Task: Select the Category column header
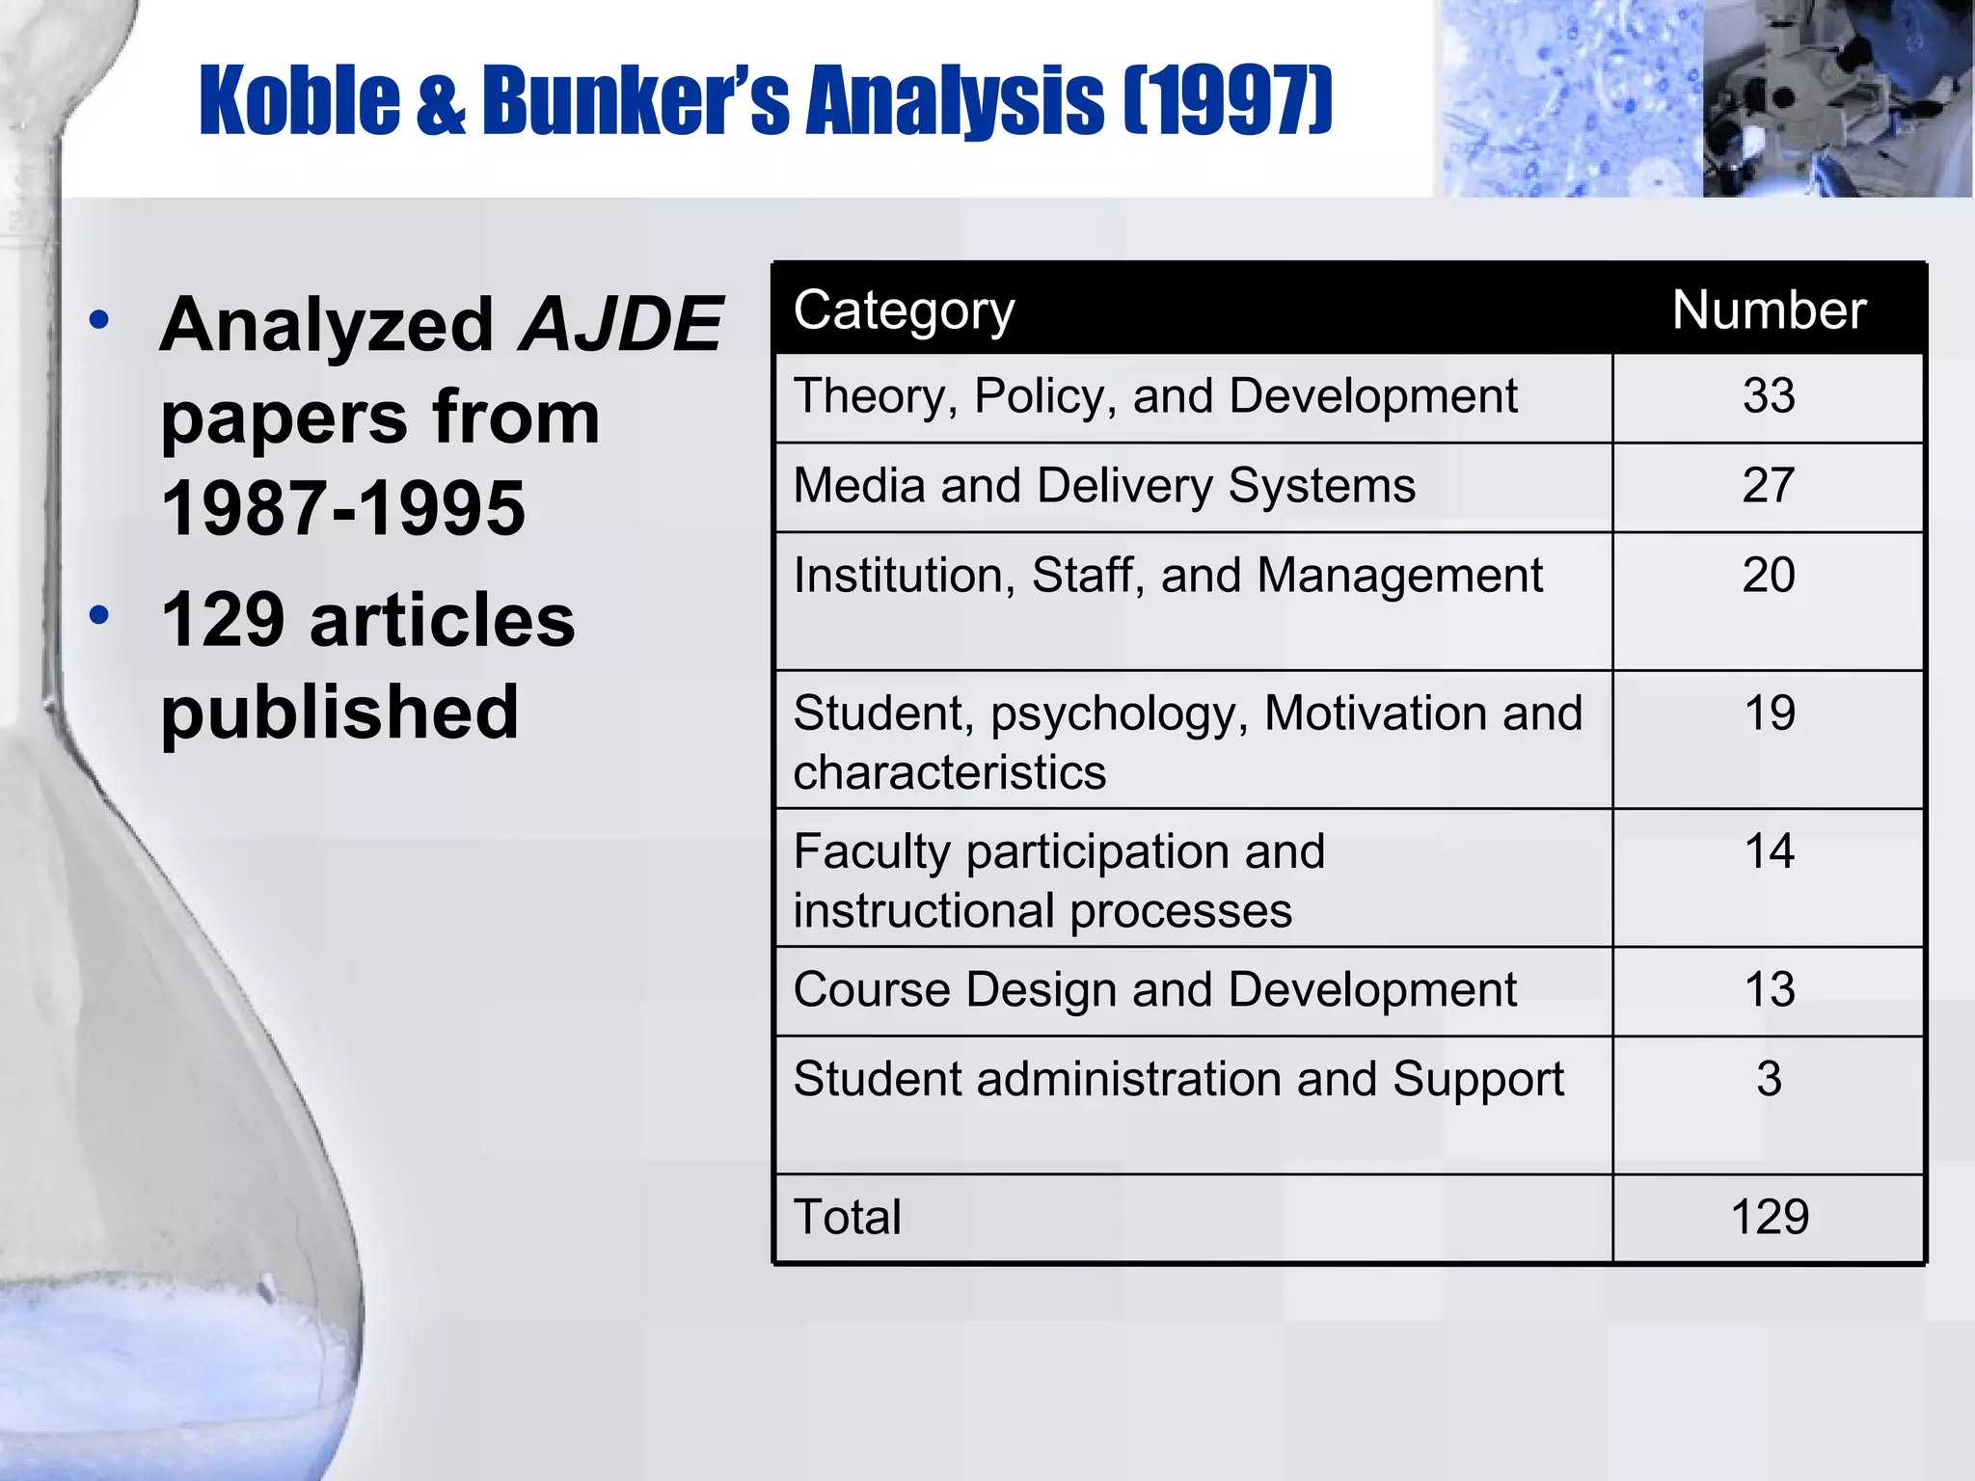pyautogui.click(x=904, y=310)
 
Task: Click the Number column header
pyautogui.click(x=1769, y=310)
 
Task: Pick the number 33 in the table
pyautogui.click(x=1769, y=396)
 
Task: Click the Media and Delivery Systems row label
pyautogui.click(x=1104, y=485)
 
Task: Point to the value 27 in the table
pyautogui.click(x=1769, y=485)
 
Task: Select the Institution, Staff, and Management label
pyautogui.click(x=1168, y=576)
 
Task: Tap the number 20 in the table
pyautogui.click(x=1769, y=576)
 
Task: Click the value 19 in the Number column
pyautogui.click(x=1769, y=714)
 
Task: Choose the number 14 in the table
pyautogui.click(x=1769, y=851)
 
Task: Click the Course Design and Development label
pyautogui.click(x=1154, y=990)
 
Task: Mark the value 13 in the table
pyautogui.click(x=1769, y=990)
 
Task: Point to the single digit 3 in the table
pyautogui.click(x=1769, y=1079)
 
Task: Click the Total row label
pyautogui.click(x=847, y=1217)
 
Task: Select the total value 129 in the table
pyautogui.click(x=1769, y=1217)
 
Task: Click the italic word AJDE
pyautogui.click(x=620, y=324)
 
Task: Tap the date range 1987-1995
pyautogui.click(x=343, y=508)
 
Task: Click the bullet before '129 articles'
pyautogui.click(x=98, y=614)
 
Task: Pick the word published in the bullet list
pyautogui.click(x=339, y=712)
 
